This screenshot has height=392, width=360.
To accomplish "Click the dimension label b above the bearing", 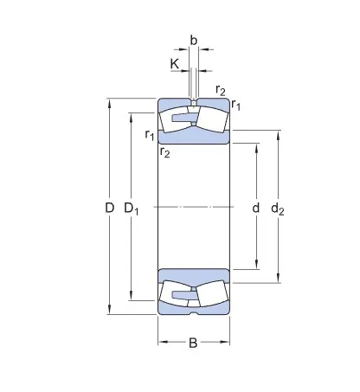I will [193, 41].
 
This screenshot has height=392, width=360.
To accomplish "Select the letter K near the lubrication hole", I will [174, 63].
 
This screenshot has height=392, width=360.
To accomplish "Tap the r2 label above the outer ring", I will [220, 91].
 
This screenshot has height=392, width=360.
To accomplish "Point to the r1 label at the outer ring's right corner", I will [236, 106].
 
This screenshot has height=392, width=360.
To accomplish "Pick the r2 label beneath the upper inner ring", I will [164, 152].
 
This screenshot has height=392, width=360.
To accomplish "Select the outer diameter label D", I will [109, 208].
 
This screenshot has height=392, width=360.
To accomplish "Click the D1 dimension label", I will [132, 208].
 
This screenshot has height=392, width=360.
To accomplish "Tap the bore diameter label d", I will [255, 208].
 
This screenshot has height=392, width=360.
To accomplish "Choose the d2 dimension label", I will [278, 208].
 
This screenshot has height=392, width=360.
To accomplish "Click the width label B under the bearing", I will [193, 344].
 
